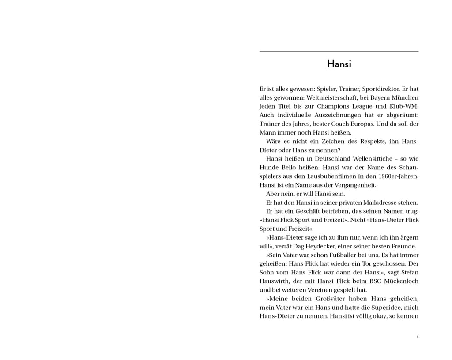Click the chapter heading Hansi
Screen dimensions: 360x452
coord(339,64)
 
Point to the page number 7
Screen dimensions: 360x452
coord(417,336)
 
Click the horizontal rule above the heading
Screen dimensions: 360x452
coord(339,52)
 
